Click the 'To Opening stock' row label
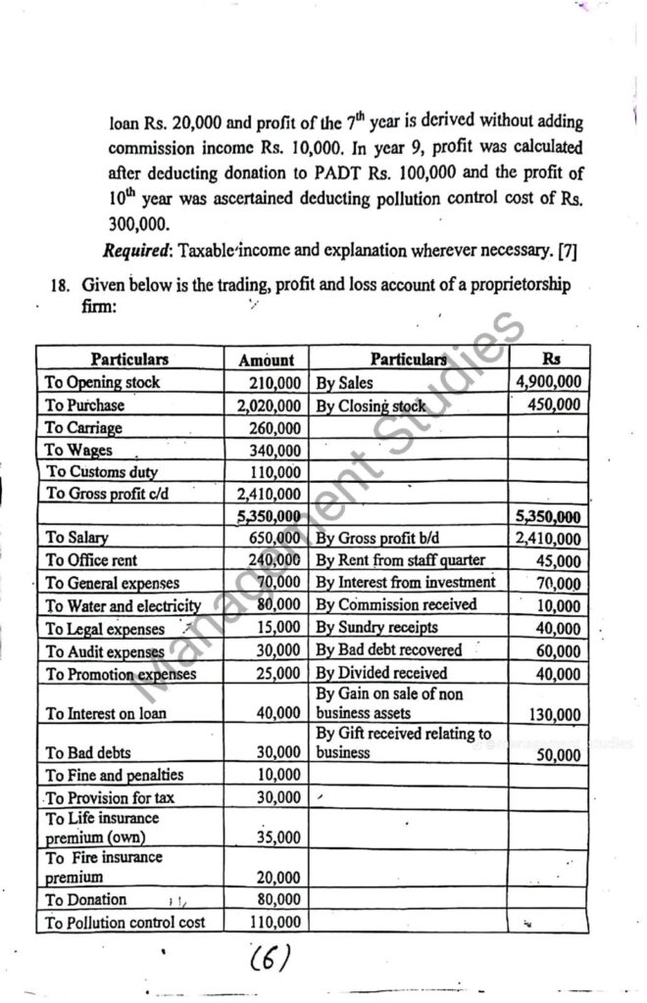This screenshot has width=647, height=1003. [x=103, y=382]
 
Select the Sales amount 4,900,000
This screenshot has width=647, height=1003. [x=547, y=382]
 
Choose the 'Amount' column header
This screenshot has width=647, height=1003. [x=267, y=360]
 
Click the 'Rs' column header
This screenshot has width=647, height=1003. [x=552, y=358]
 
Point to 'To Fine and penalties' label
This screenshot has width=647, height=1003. [x=115, y=776]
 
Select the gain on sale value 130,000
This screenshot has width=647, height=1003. [x=555, y=715]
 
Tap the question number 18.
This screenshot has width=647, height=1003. [x=61, y=287]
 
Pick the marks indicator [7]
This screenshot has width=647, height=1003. [x=567, y=252]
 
